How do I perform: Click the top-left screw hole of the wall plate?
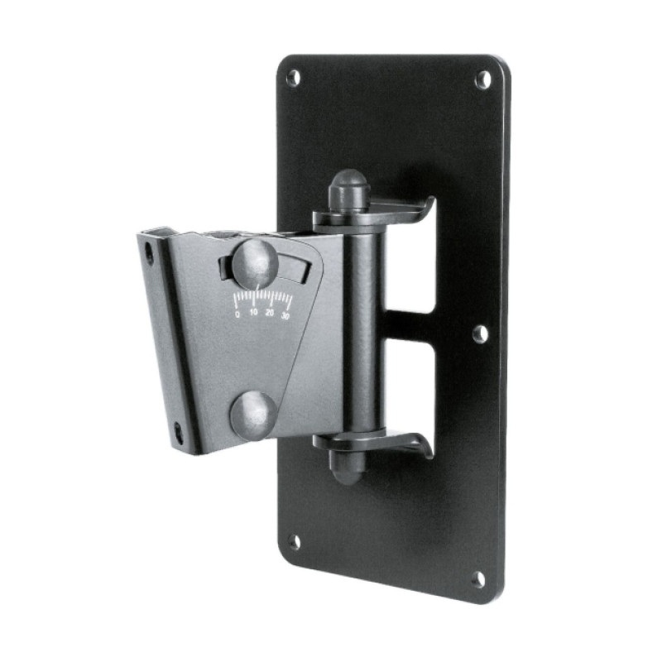pyautogui.click(x=294, y=77)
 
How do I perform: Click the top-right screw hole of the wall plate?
pyautogui.click(x=483, y=79)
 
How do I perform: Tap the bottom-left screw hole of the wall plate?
pyautogui.click(x=295, y=542)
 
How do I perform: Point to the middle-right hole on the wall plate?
pyautogui.click(x=481, y=334)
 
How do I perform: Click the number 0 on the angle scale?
pyautogui.click(x=237, y=314)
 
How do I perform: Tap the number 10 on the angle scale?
pyautogui.click(x=253, y=313)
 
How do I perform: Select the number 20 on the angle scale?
pyautogui.click(x=270, y=313)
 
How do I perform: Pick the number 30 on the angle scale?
pyautogui.click(x=285, y=315)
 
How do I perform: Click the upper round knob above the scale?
pyautogui.click(x=255, y=261)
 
